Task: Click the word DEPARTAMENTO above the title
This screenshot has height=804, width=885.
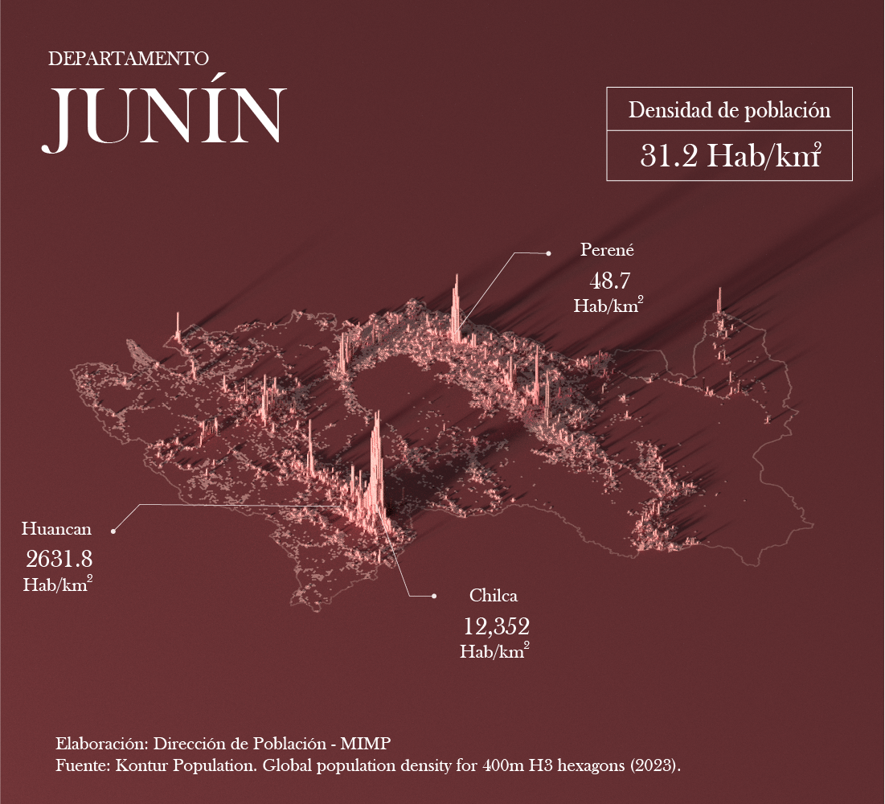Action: pyautogui.click(x=129, y=59)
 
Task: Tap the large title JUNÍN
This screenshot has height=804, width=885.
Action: pyautogui.click(x=166, y=117)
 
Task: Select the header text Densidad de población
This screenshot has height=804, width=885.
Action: pyautogui.click(x=729, y=110)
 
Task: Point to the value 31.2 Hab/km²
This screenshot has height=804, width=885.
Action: pyautogui.click(x=729, y=155)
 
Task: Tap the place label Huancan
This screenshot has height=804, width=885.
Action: pyautogui.click(x=56, y=529)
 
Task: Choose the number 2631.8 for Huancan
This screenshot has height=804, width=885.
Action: pyautogui.click(x=59, y=559)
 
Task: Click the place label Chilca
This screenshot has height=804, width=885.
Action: pyautogui.click(x=493, y=596)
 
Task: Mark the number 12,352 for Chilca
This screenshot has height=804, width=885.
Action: pyautogui.click(x=496, y=626)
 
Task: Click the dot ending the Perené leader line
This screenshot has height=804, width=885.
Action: pyautogui.click(x=548, y=253)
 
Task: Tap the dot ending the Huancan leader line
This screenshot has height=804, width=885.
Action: pyautogui.click(x=113, y=531)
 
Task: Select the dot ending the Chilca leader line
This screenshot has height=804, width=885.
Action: pyautogui.click(x=434, y=596)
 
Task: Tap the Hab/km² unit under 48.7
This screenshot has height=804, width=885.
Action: pyautogui.click(x=608, y=306)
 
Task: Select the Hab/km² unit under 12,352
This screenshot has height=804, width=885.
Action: pyautogui.click(x=494, y=651)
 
